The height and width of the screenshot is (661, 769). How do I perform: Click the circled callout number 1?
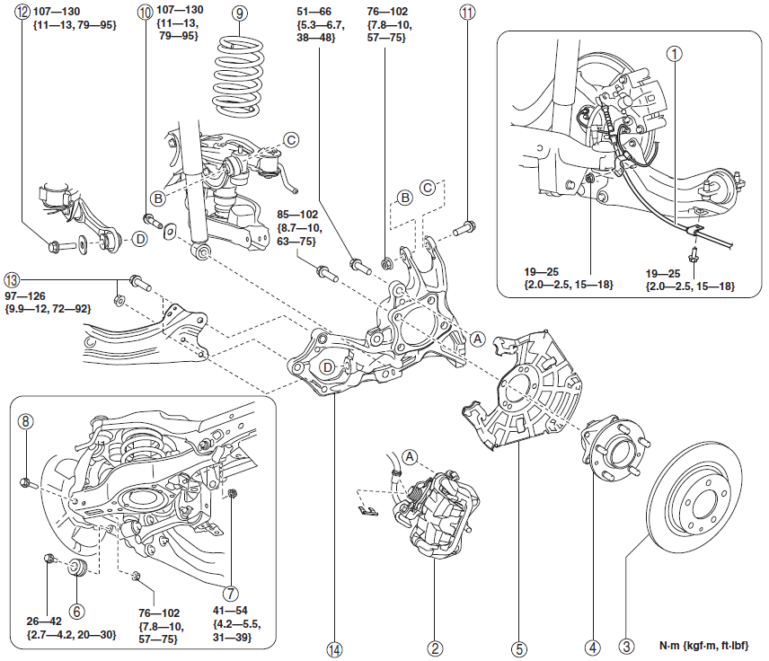[671, 53]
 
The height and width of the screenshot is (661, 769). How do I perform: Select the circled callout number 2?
[434, 647]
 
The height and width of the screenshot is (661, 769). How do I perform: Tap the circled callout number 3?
[623, 647]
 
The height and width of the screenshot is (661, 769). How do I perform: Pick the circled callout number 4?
[592, 647]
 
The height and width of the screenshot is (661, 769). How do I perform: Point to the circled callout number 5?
[518, 647]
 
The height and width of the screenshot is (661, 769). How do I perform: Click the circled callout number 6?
[77, 611]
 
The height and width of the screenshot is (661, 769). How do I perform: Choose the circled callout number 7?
[232, 593]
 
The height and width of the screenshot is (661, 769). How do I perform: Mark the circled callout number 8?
[26, 420]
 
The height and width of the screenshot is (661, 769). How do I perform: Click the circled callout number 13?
[12, 279]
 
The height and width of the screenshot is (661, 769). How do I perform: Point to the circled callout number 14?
[336, 647]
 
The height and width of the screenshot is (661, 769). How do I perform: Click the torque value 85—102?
[296, 216]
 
